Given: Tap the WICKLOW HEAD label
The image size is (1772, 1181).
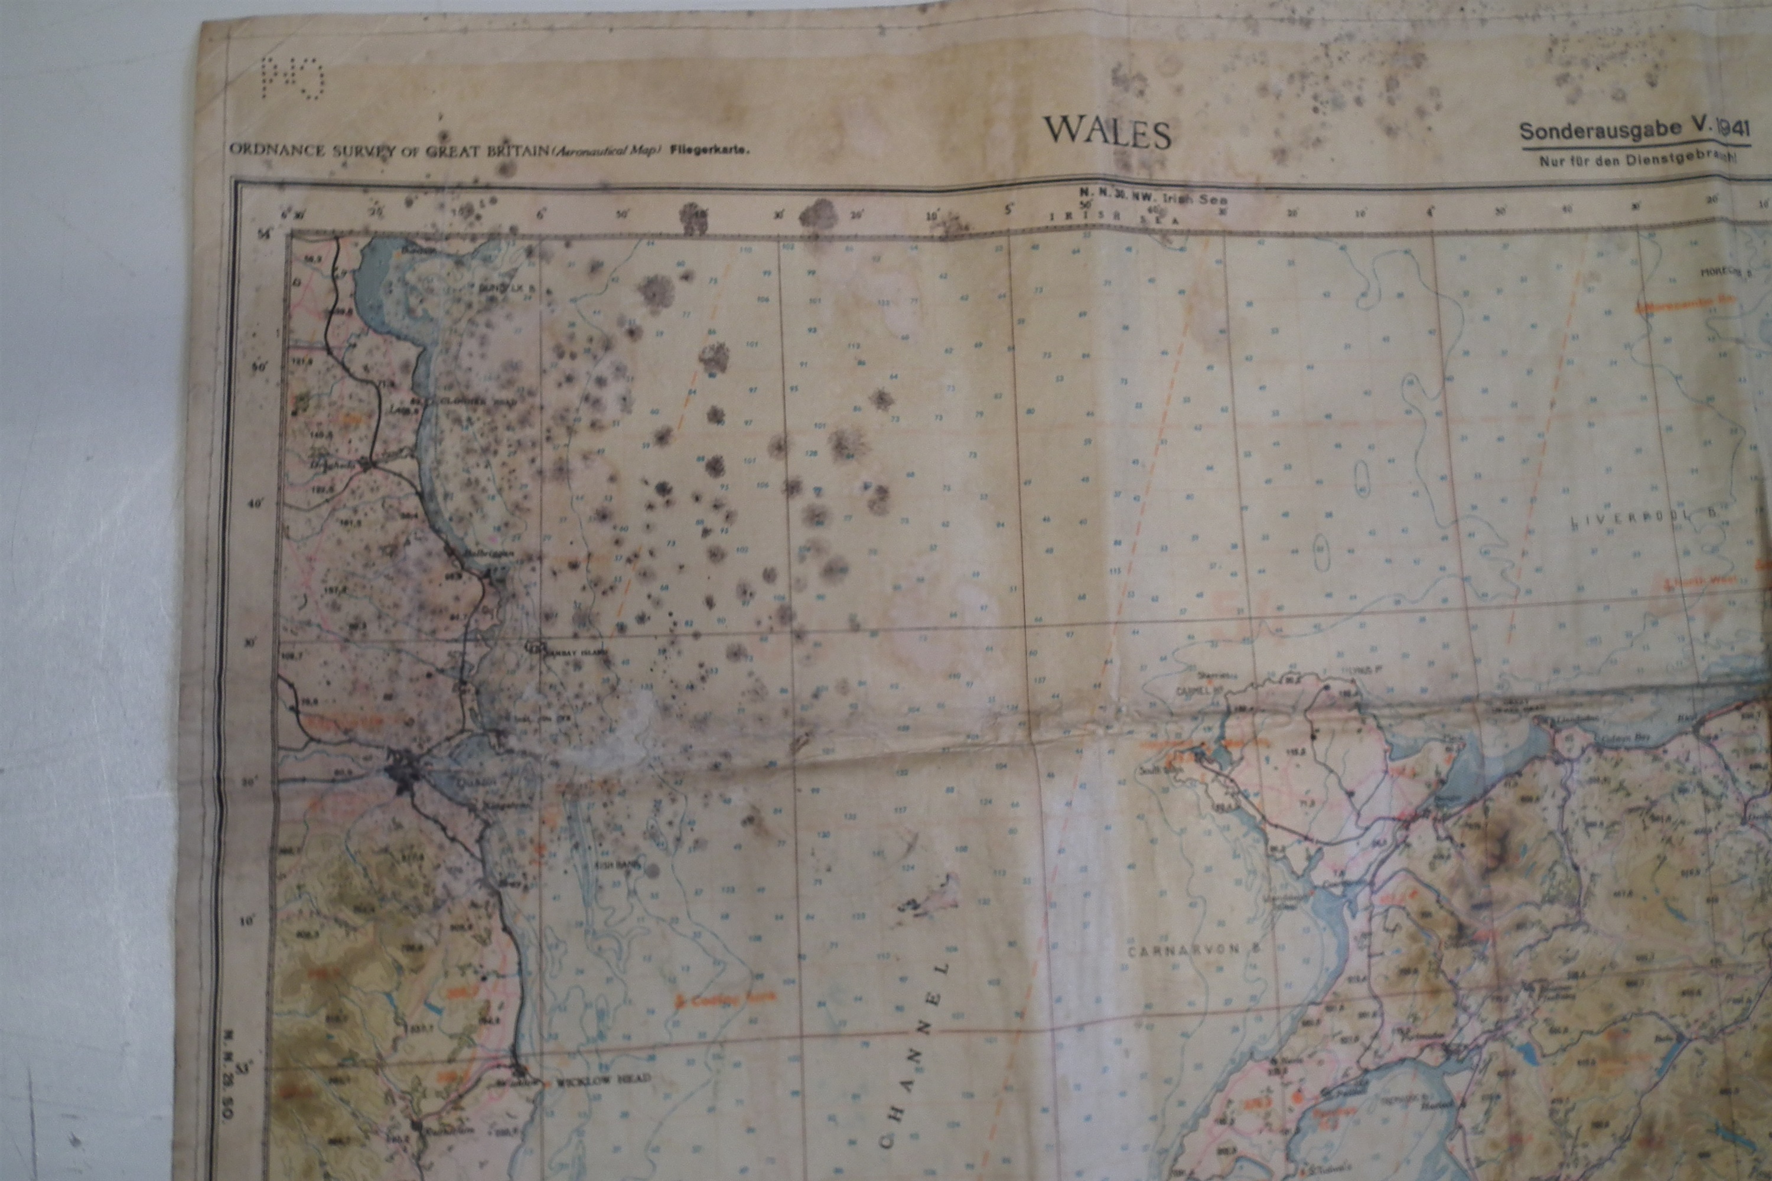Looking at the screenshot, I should pyautogui.click(x=602, y=1080).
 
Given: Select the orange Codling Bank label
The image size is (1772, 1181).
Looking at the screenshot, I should pyautogui.click(x=712, y=1001).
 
